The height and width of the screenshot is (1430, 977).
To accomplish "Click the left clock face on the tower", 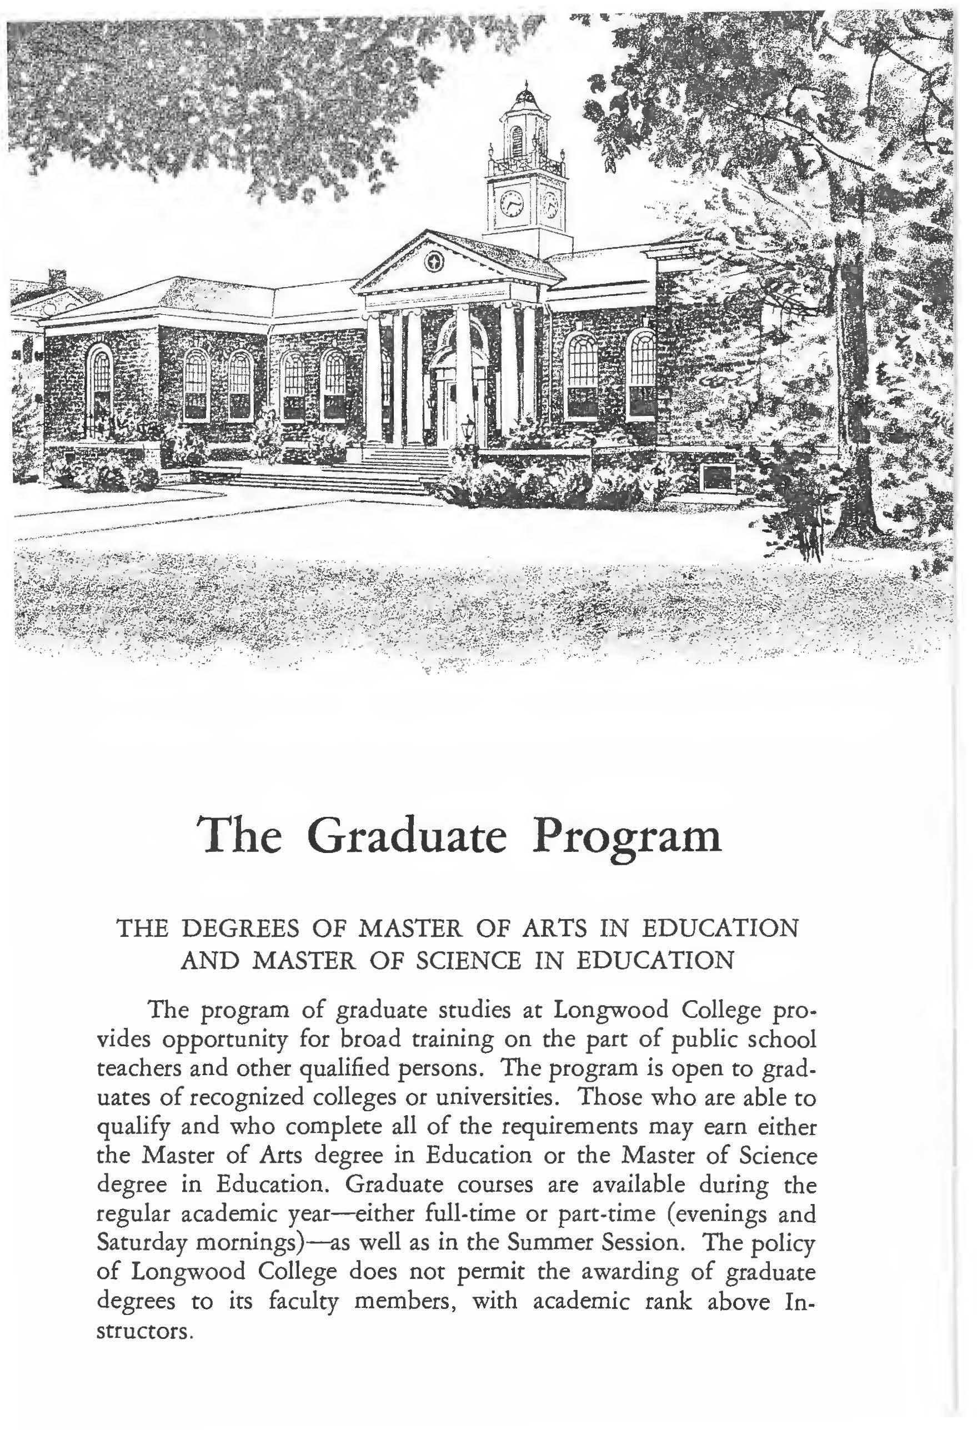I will (x=511, y=203).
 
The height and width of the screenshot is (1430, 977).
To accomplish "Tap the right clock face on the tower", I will (x=550, y=204).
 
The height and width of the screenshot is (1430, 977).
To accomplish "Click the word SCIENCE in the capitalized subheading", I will (x=468, y=978).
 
